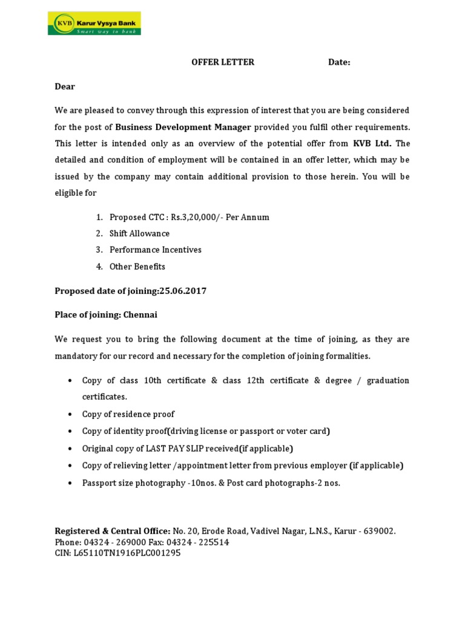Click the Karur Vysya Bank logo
pos(94,24)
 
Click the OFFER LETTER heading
pos(223,62)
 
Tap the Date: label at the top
pos(339,62)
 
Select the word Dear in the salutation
pos(65,86)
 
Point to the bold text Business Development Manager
pos(183,127)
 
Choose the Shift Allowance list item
pos(139,233)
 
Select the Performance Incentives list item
pos(155,250)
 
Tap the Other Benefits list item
pos(137,267)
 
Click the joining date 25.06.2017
pos(182,291)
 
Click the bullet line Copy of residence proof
pos(128,414)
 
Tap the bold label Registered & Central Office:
pos(113,531)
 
